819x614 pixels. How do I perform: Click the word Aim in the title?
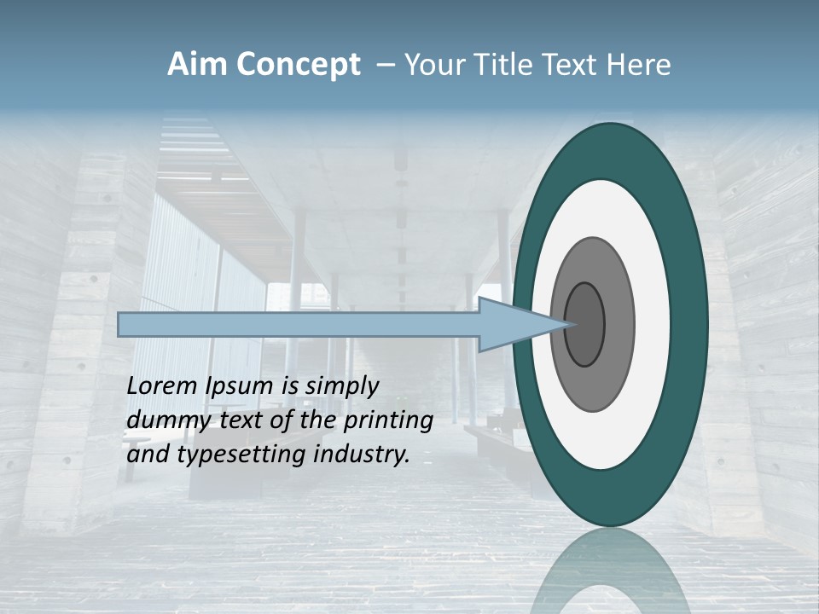(195, 65)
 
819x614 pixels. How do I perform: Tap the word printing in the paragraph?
(388, 420)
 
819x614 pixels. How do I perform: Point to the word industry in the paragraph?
(362, 455)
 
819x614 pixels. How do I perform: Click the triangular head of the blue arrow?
(508, 325)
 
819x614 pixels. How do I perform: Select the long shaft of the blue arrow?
(299, 325)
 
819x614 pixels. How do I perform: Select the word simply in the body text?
(341, 386)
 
